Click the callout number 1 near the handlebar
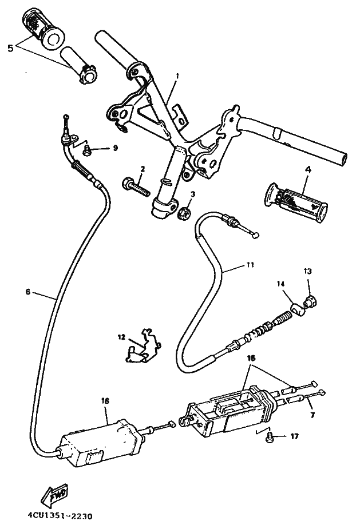[x=177, y=75]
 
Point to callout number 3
[x=193, y=194]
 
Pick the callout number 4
[x=307, y=170]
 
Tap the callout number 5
[x=9, y=48]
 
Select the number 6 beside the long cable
[x=27, y=291]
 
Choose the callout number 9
[x=115, y=148]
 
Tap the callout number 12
[x=121, y=337]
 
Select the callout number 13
[x=307, y=271]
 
